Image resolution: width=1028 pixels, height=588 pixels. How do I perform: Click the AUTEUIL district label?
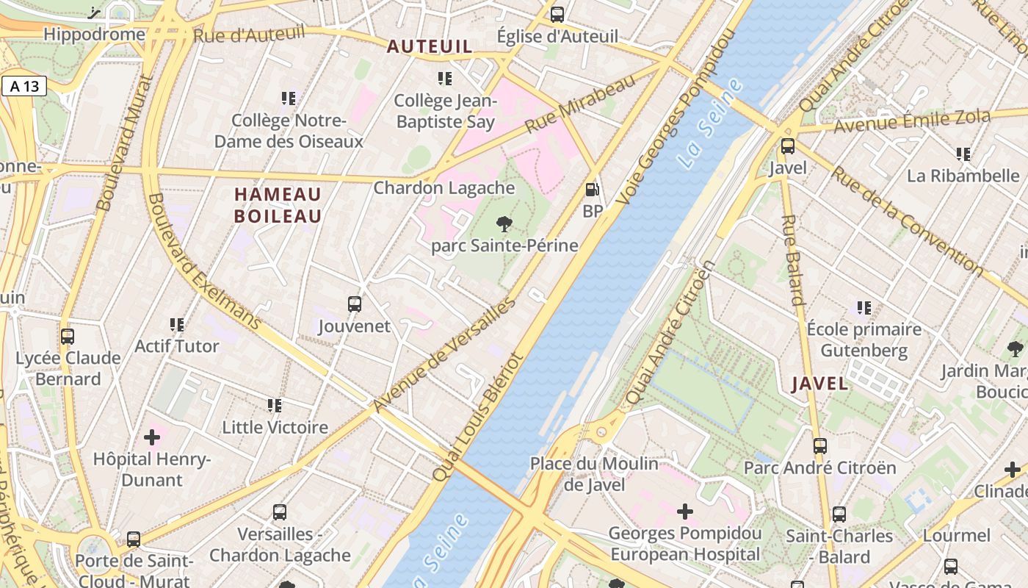430,46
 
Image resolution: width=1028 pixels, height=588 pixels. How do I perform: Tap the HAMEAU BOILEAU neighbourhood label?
278,205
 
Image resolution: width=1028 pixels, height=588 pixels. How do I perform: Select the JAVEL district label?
819,384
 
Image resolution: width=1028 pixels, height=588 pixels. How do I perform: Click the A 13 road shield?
24,86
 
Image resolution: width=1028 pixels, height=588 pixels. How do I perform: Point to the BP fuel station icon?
592,190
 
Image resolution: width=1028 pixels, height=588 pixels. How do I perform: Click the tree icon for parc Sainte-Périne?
504,223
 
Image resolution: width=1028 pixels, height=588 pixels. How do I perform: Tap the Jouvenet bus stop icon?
355,304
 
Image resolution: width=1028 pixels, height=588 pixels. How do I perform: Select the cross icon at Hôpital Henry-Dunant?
152,437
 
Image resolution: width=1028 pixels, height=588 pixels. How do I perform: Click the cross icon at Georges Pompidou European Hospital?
684,511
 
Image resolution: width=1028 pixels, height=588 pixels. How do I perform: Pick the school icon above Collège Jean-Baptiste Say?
444,78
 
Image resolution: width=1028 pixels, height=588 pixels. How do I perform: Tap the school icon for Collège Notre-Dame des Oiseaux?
288,98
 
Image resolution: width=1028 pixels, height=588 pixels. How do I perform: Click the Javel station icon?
787,146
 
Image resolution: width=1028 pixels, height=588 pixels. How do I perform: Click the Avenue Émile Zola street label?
912,121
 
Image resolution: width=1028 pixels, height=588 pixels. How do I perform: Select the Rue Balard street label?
793,259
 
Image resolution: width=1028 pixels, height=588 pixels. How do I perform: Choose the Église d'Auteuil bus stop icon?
557,14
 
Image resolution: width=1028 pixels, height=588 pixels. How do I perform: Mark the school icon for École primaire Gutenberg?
864,307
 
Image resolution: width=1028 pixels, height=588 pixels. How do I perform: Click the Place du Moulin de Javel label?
594,474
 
